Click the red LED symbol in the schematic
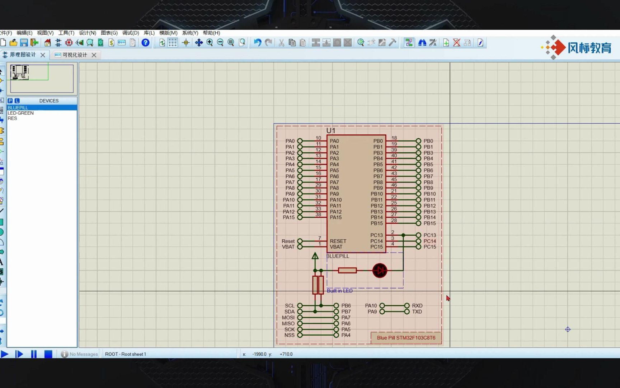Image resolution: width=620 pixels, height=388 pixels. click(380, 271)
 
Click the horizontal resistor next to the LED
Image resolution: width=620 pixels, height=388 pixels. click(347, 270)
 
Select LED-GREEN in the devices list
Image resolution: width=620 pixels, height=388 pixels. click(21, 113)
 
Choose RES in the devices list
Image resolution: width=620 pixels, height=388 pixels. click(12, 118)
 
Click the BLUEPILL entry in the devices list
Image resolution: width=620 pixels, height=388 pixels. click(18, 107)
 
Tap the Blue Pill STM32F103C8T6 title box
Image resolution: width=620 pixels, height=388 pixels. click(406, 338)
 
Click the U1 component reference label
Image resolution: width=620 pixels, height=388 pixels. click(330, 131)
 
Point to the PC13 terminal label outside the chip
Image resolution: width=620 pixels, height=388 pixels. click(429, 235)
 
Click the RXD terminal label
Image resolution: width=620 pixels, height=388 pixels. click(417, 306)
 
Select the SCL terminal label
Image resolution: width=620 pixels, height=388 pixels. click(290, 306)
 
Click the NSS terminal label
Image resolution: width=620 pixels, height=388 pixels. click(289, 335)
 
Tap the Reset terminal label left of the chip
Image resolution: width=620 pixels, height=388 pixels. click(288, 241)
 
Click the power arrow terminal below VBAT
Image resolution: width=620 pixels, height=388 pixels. click(315, 256)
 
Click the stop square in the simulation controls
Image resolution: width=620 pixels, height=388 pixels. click(48, 354)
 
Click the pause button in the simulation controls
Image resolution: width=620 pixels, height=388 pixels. click(34, 354)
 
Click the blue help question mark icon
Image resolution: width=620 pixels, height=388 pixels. click(145, 43)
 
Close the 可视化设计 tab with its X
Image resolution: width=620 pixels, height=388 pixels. click(94, 55)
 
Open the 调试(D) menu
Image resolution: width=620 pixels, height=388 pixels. click(131, 33)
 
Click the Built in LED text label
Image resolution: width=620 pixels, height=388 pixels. click(339, 291)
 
